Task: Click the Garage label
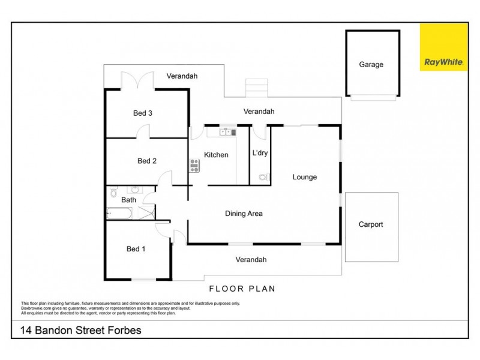(371, 64)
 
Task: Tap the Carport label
(370, 224)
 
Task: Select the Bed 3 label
(142, 112)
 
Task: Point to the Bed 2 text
(146, 160)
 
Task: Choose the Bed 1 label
(136, 249)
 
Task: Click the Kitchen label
(216, 155)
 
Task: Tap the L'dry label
(260, 153)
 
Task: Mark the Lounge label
(304, 177)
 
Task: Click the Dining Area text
(244, 213)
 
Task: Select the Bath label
(128, 200)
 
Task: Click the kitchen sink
(227, 132)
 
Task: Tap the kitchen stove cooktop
(194, 165)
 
